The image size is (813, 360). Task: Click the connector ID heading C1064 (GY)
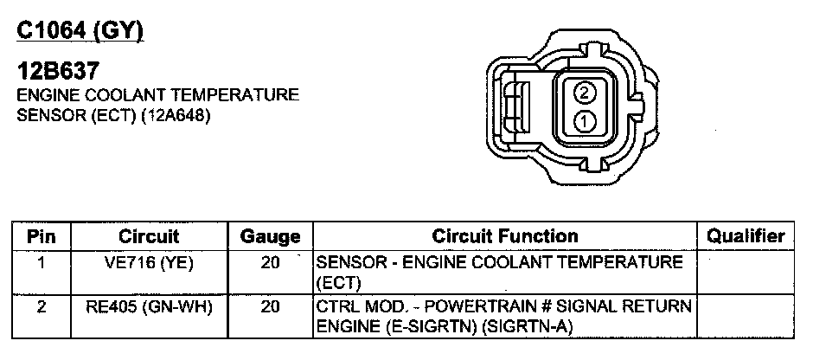tap(80, 31)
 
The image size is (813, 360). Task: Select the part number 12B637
tap(58, 71)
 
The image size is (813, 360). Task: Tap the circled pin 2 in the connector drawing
tap(585, 93)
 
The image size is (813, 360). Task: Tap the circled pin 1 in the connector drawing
tap(585, 122)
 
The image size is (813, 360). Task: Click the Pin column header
tap(41, 237)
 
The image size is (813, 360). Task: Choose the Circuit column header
tap(149, 237)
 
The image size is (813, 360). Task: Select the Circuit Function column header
tap(505, 236)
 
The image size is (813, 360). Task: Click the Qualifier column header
tap(746, 236)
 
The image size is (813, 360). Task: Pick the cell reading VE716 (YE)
tap(149, 263)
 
